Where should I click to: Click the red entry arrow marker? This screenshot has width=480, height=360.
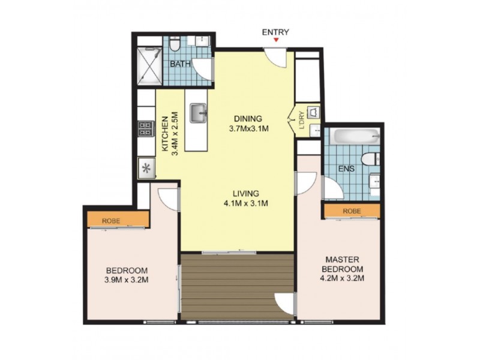(276, 40)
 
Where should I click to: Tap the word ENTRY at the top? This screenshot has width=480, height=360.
(276, 32)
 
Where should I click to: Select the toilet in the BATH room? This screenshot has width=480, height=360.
(174, 44)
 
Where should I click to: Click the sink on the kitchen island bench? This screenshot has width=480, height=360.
(198, 112)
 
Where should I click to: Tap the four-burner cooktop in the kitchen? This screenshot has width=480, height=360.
(146, 128)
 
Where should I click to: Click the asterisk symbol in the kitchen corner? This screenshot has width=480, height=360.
(146, 167)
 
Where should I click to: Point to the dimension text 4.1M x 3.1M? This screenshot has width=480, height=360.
(246, 203)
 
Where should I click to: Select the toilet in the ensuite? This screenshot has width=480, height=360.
(372, 158)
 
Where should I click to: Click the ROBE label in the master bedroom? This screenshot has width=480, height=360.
(352, 211)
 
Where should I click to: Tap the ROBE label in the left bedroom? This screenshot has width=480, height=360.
(111, 221)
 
